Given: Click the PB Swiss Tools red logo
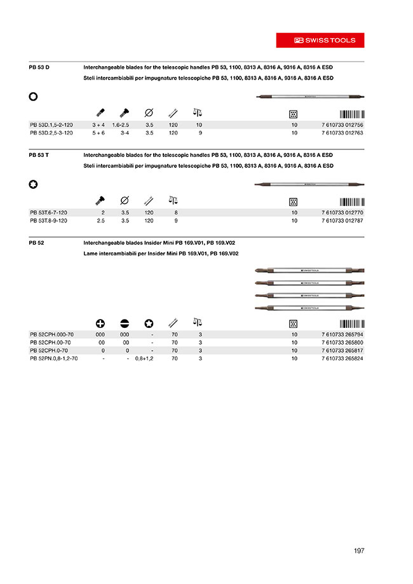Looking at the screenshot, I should [320, 40].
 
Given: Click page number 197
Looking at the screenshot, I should [359, 551].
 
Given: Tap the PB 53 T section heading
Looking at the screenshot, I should [39, 155].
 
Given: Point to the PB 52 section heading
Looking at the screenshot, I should [36, 243].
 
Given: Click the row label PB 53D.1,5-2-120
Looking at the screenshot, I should [51, 125].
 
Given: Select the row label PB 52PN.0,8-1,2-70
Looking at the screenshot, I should [54, 358].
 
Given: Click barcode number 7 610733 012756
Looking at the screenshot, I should [342, 125].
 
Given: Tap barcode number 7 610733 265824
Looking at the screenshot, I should [342, 358].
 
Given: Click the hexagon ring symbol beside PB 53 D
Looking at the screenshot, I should [34, 97].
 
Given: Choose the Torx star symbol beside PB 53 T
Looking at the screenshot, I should [34, 185].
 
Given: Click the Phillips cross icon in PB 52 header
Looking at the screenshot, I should [100, 323].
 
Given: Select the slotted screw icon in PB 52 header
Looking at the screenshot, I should [125, 323].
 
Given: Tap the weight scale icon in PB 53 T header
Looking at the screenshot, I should [173, 200].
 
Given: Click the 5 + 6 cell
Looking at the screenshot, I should [98, 133].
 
